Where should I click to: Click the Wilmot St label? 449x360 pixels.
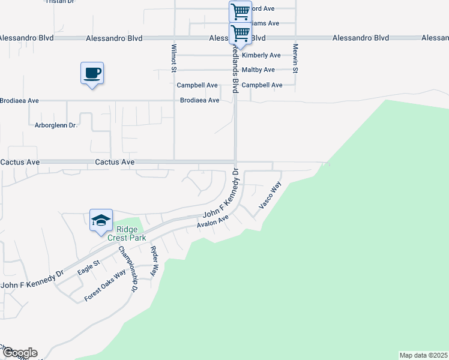(x=173, y=57)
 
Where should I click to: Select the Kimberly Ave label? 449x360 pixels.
(x=261, y=55)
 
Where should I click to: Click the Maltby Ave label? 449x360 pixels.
(x=258, y=70)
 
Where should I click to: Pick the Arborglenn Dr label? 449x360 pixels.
(x=56, y=125)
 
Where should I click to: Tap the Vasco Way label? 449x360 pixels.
(x=270, y=196)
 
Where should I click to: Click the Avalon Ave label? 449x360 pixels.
(x=213, y=222)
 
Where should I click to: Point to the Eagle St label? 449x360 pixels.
(x=88, y=268)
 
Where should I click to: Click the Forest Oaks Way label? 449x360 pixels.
(x=105, y=284)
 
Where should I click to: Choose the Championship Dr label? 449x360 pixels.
(x=128, y=268)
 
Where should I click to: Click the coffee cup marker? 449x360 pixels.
(x=92, y=74)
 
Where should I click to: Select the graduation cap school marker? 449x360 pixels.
(x=101, y=220)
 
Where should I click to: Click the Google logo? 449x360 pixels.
(x=19, y=353)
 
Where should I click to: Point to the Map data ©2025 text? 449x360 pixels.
(x=423, y=355)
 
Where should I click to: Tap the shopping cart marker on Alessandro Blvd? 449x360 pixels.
(x=240, y=33)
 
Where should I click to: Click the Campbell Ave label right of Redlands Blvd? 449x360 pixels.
(x=262, y=85)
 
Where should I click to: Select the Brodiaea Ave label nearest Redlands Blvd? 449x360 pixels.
(x=199, y=100)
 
